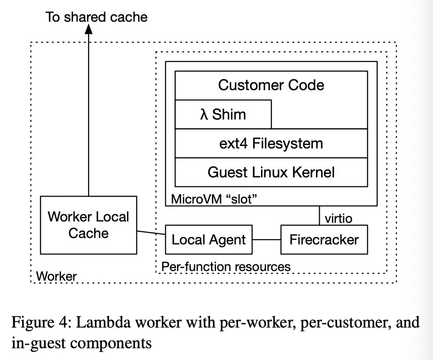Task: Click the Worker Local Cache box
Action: pyautogui.click(x=88, y=225)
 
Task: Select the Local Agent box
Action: pyautogui.click(x=208, y=239)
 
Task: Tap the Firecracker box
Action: pyautogui.click(x=324, y=239)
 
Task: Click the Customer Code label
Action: pyautogui.click(x=271, y=85)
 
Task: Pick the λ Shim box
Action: pyautogui.click(x=223, y=114)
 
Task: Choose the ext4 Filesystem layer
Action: pyautogui.click(x=271, y=143)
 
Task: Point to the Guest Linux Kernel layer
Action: pyautogui.click(x=271, y=172)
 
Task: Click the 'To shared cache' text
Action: pyautogui.click(x=96, y=17)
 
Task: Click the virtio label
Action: pyautogui.click(x=339, y=218)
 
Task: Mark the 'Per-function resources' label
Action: pyautogui.click(x=226, y=266)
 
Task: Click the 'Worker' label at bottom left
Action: pyautogui.click(x=56, y=276)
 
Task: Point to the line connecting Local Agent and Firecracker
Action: pyautogui.click(x=266, y=239)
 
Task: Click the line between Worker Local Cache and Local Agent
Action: pyautogui.click(x=151, y=232)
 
